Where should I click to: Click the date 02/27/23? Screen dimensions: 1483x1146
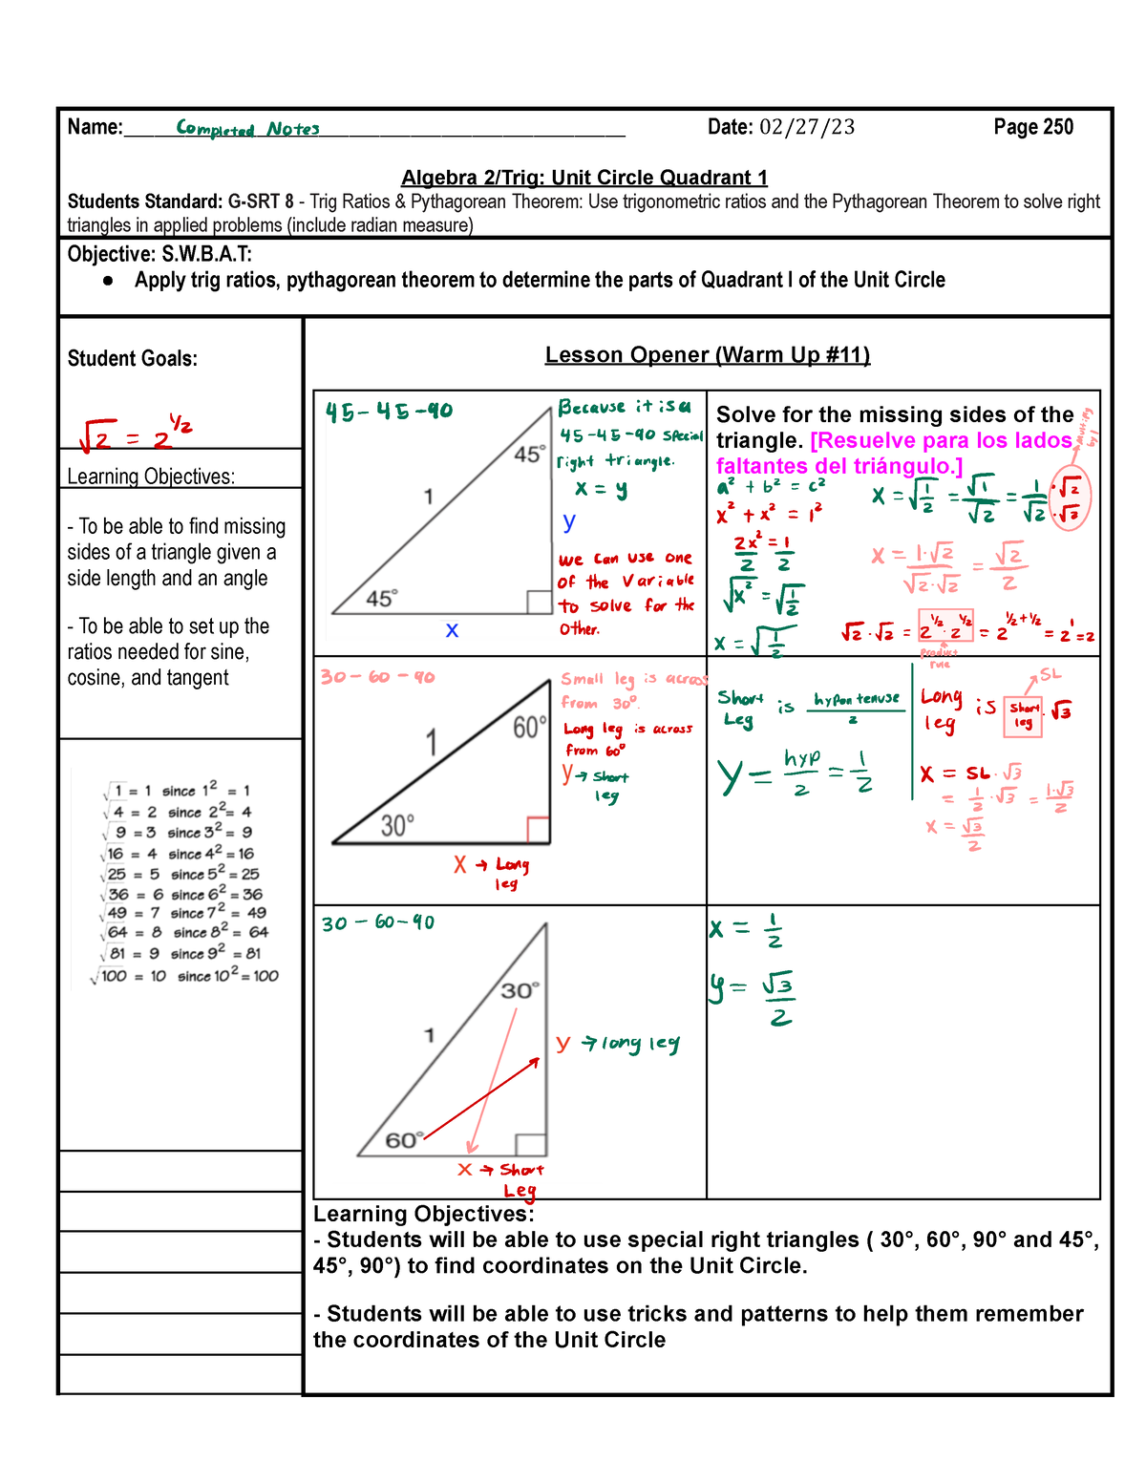pos(807,128)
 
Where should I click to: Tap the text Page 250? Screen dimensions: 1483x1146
pos(1033,128)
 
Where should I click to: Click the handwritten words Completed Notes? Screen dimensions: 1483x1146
pos(247,129)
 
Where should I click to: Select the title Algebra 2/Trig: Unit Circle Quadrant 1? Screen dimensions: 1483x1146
pos(584,178)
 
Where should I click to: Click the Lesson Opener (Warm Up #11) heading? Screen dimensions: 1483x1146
pos(707,355)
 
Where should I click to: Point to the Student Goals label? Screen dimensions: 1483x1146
pos(132,359)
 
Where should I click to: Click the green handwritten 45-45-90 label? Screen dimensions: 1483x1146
pos(389,412)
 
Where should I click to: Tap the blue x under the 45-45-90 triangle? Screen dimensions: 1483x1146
pos(452,630)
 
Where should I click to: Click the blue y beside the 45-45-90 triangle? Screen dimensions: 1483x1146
pos(569,521)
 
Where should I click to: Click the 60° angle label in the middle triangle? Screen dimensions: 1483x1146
pos(529,729)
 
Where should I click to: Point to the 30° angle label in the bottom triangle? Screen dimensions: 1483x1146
pos(520,990)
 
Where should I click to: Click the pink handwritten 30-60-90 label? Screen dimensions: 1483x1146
pos(377,677)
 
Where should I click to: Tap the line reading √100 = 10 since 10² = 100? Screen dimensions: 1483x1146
pos(185,976)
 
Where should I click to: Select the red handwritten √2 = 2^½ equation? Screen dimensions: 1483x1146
pos(136,434)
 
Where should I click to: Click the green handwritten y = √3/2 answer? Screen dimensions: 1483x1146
pos(753,999)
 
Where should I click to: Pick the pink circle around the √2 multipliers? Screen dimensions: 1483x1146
pos(1069,500)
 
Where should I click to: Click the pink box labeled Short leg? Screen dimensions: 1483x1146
pos(1024,715)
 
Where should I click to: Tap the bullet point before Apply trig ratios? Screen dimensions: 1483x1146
pos(109,281)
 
